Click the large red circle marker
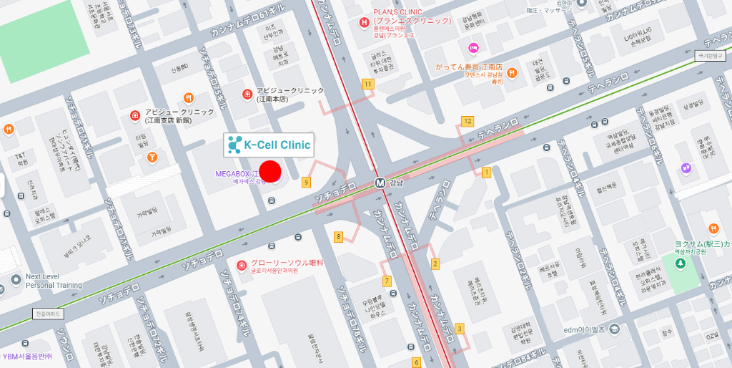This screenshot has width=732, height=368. click(x=270, y=172)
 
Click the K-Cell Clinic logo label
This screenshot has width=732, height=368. click(x=269, y=145)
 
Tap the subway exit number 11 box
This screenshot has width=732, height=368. click(x=367, y=84)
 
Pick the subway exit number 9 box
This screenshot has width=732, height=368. click(x=307, y=183)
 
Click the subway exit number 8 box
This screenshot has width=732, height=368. click(x=338, y=236)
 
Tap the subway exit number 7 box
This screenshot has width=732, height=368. click(x=387, y=281)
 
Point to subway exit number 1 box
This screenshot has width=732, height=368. click(x=487, y=172)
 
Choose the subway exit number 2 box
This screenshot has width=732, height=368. click(x=435, y=263)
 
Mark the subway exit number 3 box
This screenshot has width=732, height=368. click(x=459, y=328)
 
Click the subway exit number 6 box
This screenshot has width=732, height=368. click(x=416, y=362)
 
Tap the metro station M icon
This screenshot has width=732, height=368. click(x=380, y=183)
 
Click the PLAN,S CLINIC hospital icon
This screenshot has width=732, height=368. click(x=364, y=22)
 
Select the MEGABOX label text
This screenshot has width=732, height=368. click(x=237, y=174)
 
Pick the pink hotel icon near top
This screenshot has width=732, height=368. click(x=473, y=48)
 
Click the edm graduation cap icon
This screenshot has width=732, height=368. click(x=615, y=329)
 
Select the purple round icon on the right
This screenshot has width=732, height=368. click(x=686, y=168)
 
